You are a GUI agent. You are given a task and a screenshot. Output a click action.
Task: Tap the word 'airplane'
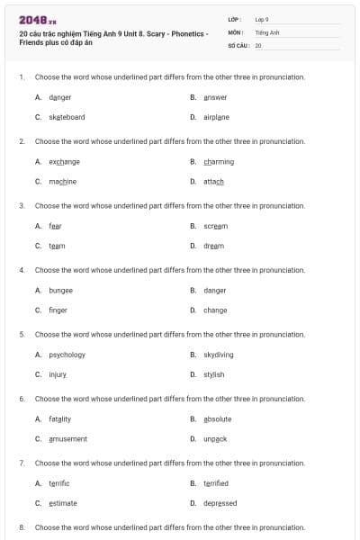(x=216, y=117)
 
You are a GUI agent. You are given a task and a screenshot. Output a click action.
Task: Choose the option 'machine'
(x=62, y=181)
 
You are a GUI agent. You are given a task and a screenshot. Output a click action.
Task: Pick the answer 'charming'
(x=219, y=162)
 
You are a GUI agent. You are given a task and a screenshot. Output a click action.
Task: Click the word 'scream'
(x=216, y=226)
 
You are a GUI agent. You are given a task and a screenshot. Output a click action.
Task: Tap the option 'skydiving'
(x=219, y=355)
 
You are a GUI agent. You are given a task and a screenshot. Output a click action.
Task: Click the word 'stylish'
(x=214, y=374)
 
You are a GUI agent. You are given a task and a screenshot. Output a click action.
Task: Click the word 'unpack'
(x=215, y=438)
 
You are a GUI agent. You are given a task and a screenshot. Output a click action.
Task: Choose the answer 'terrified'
(x=216, y=483)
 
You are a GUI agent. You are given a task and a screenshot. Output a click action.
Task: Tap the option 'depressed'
(x=220, y=503)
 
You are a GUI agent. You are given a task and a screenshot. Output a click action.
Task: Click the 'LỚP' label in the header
(x=234, y=19)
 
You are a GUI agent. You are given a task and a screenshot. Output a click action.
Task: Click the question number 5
(x=22, y=334)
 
